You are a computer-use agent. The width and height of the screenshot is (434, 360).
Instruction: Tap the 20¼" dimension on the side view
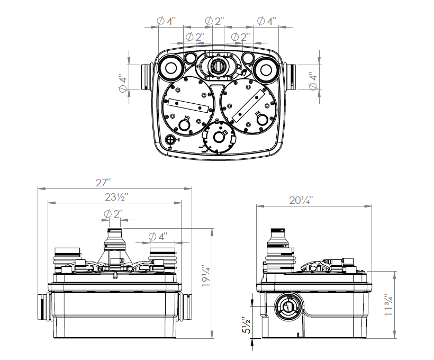[x=301, y=200]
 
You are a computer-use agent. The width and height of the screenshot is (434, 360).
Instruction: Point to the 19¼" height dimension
[x=206, y=276]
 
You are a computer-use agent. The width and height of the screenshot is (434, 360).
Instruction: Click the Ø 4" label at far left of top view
[x=123, y=84]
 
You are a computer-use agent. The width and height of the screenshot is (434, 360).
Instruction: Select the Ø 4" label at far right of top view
[x=313, y=83]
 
